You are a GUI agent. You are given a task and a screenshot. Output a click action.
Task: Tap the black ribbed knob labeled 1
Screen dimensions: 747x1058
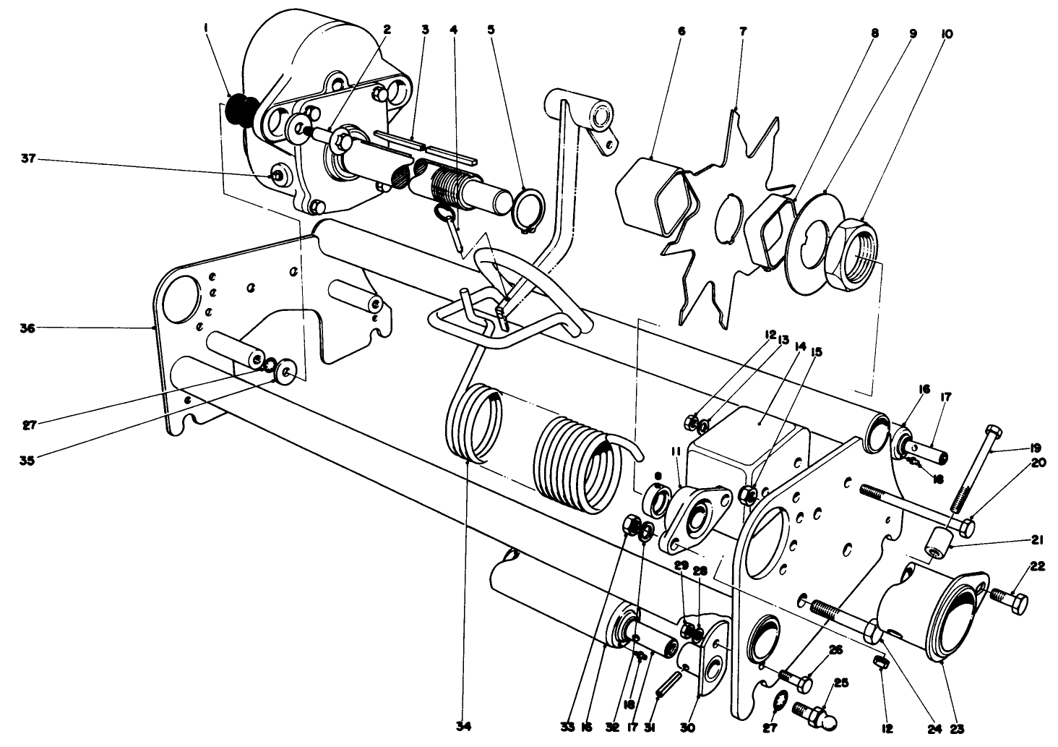tap(236, 113)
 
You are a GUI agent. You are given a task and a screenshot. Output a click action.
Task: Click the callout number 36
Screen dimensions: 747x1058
tap(27, 328)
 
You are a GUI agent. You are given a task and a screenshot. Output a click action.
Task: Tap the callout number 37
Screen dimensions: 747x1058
tap(27, 158)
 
